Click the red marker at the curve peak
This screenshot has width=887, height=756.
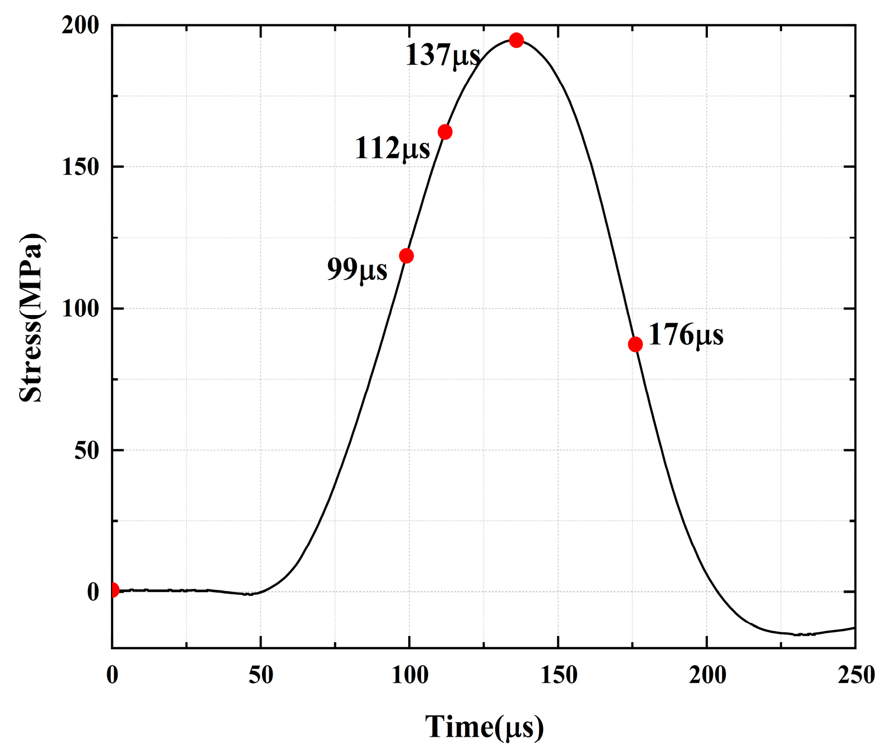tap(515, 40)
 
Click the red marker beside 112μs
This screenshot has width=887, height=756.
tap(445, 132)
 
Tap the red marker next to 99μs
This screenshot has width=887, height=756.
tap(406, 256)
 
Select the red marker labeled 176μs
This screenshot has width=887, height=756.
tap(635, 344)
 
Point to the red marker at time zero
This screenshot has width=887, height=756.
tap(113, 590)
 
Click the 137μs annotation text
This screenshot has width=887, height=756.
tap(442, 56)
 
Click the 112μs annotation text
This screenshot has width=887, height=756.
tap(392, 148)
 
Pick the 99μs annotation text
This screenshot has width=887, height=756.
tap(357, 269)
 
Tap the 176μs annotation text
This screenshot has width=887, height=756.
tap(686, 335)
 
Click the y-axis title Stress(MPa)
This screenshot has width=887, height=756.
tap(31, 318)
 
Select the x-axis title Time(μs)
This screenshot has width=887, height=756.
tap(484, 727)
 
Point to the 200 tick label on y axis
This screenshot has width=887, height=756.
tap(80, 25)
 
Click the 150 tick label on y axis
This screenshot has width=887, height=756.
tap(80, 167)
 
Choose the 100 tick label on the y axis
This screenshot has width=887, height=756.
tap(80, 308)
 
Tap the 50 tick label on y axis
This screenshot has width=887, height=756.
tap(87, 450)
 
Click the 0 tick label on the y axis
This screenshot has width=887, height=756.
tap(93, 592)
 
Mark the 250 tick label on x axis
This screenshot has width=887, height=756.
tap(856, 675)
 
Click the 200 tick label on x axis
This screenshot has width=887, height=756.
tap(707, 675)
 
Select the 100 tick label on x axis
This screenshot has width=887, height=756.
tap(409, 675)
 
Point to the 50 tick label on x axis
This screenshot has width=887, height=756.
tap(260, 675)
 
